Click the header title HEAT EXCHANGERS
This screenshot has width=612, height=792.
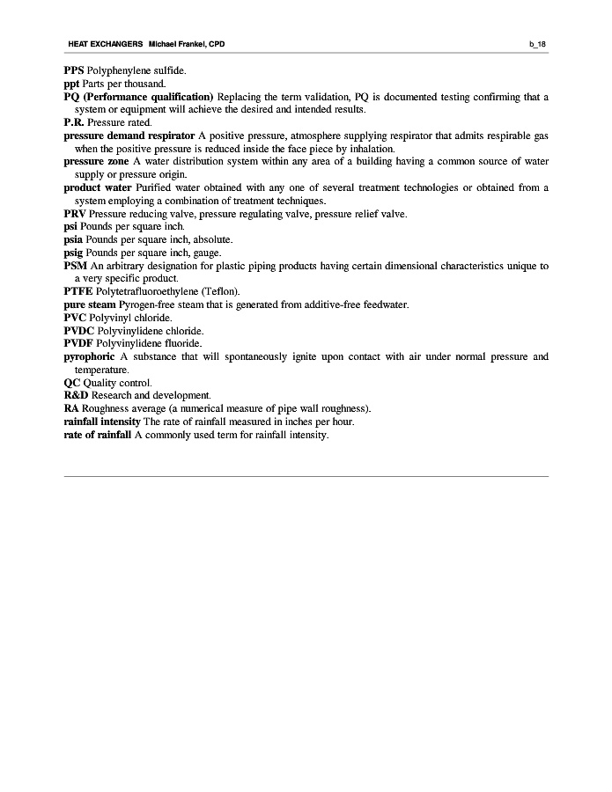(x=105, y=44)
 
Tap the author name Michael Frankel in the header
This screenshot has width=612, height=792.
(x=181, y=44)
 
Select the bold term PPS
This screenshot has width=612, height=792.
(x=74, y=70)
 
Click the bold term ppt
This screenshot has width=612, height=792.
(x=72, y=84)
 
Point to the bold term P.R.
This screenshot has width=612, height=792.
(x=74, y=123)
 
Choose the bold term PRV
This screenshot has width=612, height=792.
(x=75, y=214)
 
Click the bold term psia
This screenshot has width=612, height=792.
(x=74, y=239)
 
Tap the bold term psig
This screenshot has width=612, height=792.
(x=74, y=253)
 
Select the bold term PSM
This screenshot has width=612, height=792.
(x=75, y=266)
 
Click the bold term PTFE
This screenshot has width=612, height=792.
(x=77, y=291)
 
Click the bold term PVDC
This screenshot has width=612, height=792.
(x=78, y=331)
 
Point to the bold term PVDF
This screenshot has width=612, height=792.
(x=78, y=343)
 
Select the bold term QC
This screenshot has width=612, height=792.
(x=71, y=383)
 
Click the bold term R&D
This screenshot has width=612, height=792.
(x=76, y=396)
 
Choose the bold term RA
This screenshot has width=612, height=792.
(x=71, y=408)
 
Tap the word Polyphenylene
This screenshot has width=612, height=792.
(x=118, y=70)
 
